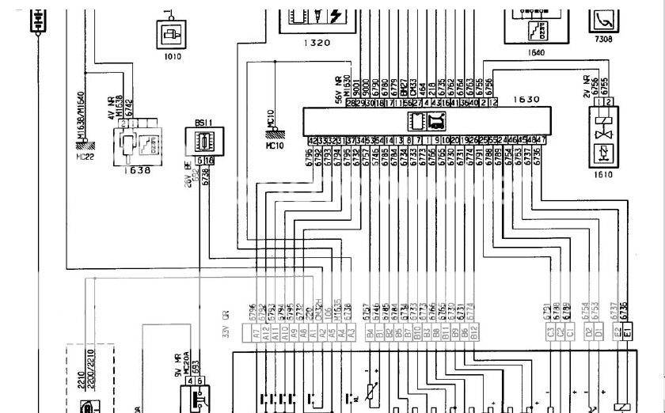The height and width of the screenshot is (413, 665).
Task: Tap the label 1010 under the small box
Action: coord(172,56)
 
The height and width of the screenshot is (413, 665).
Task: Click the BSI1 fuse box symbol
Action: coord(201,143)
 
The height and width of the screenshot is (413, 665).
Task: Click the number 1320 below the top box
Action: coord(317,44)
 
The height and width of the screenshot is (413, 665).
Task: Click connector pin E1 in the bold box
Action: coord(627,335)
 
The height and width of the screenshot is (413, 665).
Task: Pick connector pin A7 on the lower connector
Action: coord(256,335)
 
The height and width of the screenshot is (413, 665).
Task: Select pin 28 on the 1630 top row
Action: coord(350,103)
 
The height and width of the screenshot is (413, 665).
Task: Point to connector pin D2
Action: coord(588,335)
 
